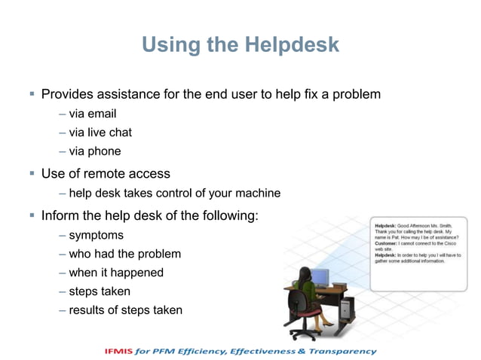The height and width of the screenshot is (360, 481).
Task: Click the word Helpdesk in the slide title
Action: coord(292,46)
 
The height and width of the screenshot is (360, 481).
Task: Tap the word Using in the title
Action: coord(169,46)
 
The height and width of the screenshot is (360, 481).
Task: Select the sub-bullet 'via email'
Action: coord(92,114)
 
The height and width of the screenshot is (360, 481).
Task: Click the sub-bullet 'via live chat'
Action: coord(100,133)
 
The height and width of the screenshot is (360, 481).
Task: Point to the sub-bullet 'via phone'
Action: coord(94,151)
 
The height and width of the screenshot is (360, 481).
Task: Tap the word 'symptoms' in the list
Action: coord(96,236)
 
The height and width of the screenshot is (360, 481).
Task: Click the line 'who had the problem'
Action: coord(124,254)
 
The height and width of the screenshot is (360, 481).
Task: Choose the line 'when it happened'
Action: coord(115,273)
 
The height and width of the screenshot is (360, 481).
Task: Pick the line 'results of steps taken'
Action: coord(125,310)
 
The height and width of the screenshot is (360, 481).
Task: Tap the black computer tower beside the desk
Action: coord(347,307)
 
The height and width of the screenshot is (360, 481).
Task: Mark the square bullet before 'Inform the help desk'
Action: coord(32,215)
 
